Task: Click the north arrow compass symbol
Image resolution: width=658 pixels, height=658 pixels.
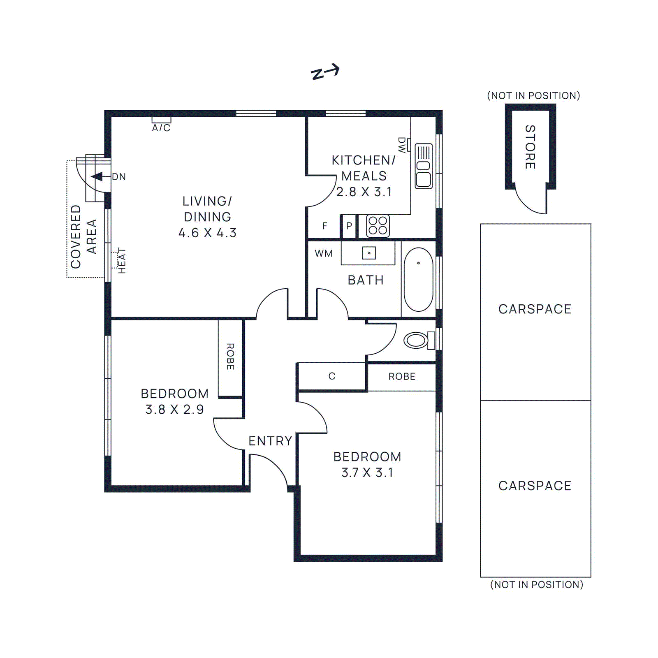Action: (x=325, y=72)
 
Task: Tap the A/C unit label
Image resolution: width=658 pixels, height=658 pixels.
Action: (x=161, y=128)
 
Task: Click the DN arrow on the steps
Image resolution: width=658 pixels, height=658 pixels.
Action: (x=97, y=177)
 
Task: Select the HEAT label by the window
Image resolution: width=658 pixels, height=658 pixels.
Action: (x=122, y=261)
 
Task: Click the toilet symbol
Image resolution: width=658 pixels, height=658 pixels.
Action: (x=419, y=341)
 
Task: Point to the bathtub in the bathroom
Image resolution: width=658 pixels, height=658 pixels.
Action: (x=419, y=280)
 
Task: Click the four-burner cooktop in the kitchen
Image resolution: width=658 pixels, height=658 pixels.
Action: (x=378, y=226)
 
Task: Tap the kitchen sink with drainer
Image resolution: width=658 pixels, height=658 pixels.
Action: (x=424, y=166)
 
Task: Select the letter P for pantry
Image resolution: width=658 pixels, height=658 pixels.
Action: (x=349, y=226)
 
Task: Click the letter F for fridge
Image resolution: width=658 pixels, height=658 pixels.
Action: (x=325, y=226)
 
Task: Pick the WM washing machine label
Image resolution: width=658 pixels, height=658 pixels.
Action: (x=324, y=254)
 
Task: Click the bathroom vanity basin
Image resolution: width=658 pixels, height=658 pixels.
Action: (x=369, y=253)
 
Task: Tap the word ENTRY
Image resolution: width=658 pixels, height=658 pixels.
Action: (x=270, y=441)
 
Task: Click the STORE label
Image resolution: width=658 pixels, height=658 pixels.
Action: (x=530, y=147)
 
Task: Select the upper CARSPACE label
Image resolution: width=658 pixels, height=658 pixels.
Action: (x=535, y=309)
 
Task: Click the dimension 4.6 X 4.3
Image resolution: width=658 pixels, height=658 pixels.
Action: (x=208, y=233)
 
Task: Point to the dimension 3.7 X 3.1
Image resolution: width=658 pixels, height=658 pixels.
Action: (x=367, y=473)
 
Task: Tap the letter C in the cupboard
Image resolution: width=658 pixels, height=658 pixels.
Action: (x=332, y=376)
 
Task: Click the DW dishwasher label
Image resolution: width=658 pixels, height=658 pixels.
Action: (x=402, y=145)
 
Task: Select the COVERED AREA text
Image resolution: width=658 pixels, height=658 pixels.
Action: (x=83, y=237)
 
